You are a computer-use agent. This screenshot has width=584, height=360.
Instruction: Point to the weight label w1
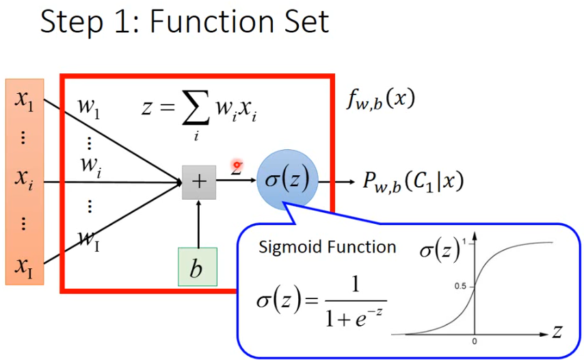click(x=89, y=109)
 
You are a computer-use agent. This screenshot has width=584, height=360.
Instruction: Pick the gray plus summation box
click(x=199, y=182)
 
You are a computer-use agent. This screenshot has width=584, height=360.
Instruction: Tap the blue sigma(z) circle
click(x=287, y=181)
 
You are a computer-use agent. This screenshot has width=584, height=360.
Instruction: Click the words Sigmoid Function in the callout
click(x=327, y=247)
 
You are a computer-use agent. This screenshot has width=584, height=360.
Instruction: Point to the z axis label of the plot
click(x=557, y=333)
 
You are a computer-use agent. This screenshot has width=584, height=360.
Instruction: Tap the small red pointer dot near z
click(x=238, y=165)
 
